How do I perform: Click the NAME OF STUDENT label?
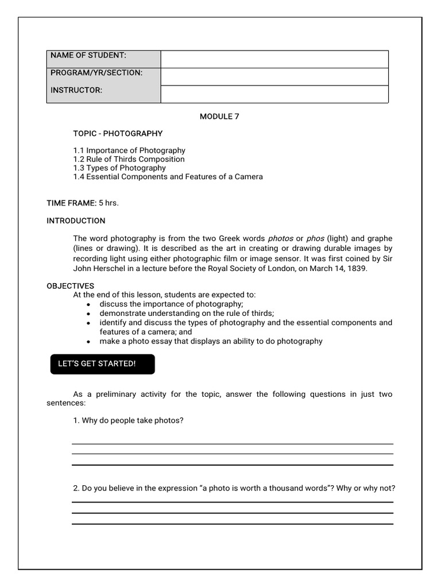coord(88,55)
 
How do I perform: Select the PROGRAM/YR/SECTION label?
coord(96,73)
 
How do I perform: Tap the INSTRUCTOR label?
coord(76,90)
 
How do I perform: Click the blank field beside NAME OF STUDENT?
coord(274,59)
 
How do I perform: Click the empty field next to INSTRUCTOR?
coord(274,94)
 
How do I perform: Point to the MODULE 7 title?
coord(219,117)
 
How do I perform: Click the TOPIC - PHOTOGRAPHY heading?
coord(118,133)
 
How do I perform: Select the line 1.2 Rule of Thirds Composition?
coord(129,159)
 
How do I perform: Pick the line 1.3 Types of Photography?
coord(119,168)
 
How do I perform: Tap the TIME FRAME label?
coord(71,203)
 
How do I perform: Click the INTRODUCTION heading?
coord(76,220)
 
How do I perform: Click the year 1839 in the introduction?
coord(358,268)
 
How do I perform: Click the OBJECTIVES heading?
coord(70,286)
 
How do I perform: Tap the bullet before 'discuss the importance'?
coord(88,304)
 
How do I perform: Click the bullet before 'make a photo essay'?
coord(88,342)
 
